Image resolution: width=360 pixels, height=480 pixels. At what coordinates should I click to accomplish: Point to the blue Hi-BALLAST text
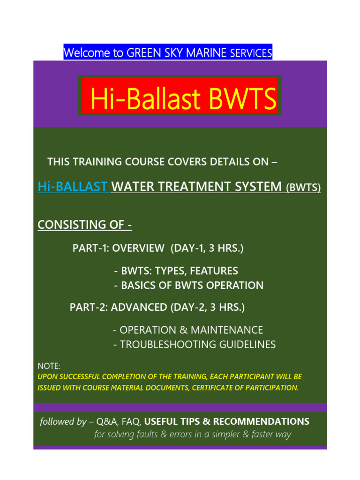(72, 187)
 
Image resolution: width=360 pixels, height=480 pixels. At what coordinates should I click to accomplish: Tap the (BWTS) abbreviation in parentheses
(303, 187)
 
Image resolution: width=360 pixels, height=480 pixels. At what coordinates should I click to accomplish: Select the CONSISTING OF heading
(84, 225)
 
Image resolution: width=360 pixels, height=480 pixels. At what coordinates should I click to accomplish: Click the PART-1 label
(90, 248)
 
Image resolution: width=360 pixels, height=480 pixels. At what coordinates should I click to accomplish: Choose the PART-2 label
(88, 307)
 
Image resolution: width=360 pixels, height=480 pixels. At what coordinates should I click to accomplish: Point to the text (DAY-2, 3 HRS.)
(208, 307)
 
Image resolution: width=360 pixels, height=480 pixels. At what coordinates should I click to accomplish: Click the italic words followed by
(63, 421)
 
